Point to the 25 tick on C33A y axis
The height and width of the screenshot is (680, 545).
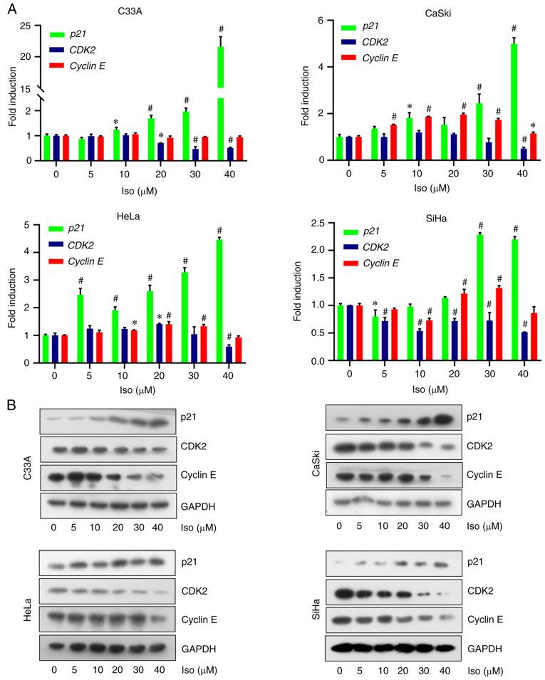(x=33, y=27)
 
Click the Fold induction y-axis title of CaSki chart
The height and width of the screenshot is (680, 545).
(x=306, y=90)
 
